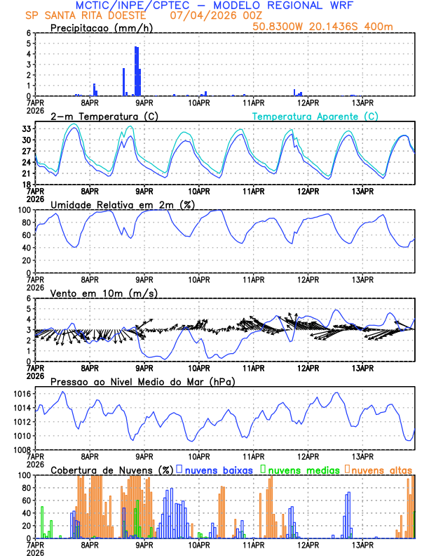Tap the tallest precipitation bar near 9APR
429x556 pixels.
click(137, 70)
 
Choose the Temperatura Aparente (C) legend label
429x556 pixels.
click(315, 116)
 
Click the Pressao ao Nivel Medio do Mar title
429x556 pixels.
click(142, 381)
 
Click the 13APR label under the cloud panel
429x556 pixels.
click(362, 544)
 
